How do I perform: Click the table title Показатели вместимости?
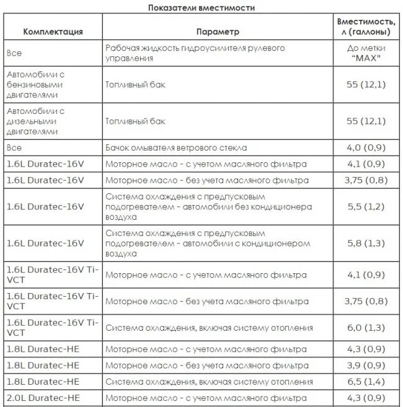pyautogui.click(x=201, y=8)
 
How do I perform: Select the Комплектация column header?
pyautogui.click(x=53, y=32)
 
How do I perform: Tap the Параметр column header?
pyautogui.click(x=217, y=32)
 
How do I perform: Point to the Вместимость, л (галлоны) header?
pyautogui.click(x=366, y=27)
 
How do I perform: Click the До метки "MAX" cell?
pyautogui.click(x=366, y=53)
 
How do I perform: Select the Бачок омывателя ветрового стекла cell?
pyautogui.click(x=176, y=148)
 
